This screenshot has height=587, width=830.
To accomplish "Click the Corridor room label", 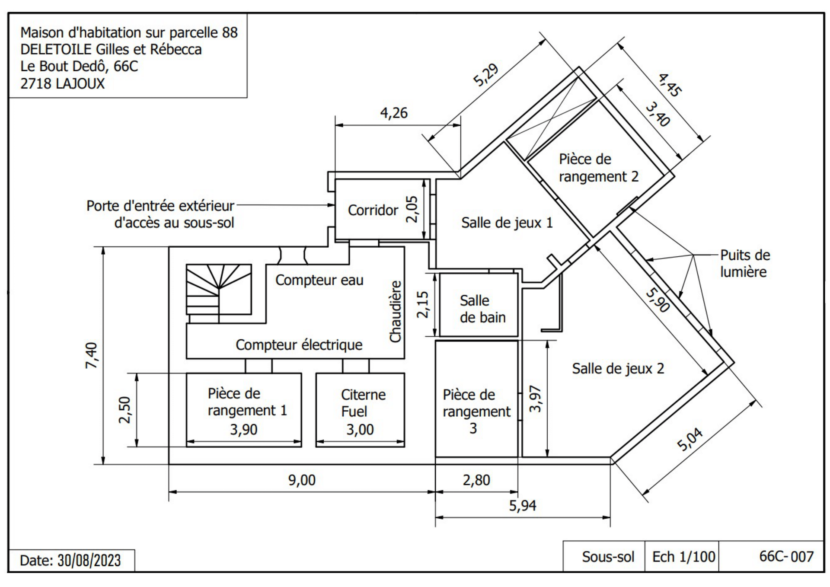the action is click(x=373, y=210).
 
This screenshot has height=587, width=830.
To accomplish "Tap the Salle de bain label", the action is click(x=482, y=309).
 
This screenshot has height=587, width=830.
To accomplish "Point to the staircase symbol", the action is click(x=219, y=293).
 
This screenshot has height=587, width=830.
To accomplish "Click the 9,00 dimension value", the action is click(x=302, y=480).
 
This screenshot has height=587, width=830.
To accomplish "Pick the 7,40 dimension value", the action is click(x=92, y=355).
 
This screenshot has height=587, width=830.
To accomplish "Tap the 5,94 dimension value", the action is click(x=522, y=505).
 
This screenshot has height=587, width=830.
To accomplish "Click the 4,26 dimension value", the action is click(x=394, y=113).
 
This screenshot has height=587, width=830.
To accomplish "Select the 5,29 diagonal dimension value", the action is click(x=486, y=74).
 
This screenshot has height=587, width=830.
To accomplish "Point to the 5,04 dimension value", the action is click(x=690, y=439).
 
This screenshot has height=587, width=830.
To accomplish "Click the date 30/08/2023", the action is click(x=89, y=561).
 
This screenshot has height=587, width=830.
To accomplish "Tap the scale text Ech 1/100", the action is click(x=683, y=557).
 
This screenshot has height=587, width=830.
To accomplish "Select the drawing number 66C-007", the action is click(x=786, y=556).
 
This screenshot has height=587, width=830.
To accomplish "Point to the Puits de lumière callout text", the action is click(x=745, y=263).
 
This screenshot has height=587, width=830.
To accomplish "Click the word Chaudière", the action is click(x=396, y=311).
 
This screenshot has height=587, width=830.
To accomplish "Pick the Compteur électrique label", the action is click(x=299, y=345).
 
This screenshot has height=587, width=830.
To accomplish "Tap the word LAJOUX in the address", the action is click(x=80, y=83).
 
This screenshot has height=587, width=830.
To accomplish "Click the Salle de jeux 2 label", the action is click(x=618, y=368).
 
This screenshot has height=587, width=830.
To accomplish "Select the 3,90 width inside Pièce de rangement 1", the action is click(x=243, y=429).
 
